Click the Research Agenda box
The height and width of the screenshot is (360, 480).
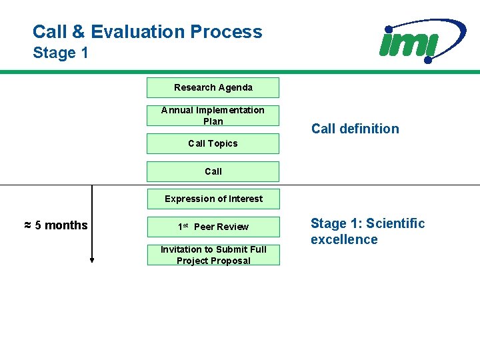tap(213, 87)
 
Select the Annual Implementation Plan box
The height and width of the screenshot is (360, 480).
tap(213, 115)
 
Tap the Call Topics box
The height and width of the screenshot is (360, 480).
tap(213, 143)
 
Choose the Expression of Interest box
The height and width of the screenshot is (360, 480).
tap(213, 199)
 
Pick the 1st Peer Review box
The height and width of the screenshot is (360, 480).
tap(213, 227)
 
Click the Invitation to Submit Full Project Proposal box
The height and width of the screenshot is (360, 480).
tap(213, 255)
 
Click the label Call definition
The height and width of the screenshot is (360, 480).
tap(355, 129)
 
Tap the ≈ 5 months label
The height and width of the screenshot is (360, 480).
tap(56, 225)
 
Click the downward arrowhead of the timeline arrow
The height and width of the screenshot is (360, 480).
tap(92, 261)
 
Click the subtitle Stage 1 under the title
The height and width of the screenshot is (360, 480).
tap(61, 53)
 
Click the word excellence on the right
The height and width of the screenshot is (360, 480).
tap(344, 239)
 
